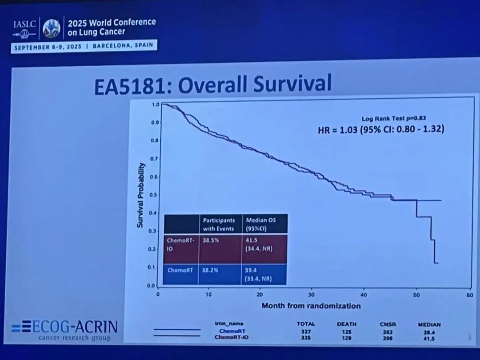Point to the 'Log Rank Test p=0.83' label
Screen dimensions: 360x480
point(389,118)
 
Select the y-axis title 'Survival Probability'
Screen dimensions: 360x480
point(140,195)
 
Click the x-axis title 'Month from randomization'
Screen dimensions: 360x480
point(311,305)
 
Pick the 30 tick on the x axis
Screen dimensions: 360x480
point(312,294)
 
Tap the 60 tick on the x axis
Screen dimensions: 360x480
point(469,294)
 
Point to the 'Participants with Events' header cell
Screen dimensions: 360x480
point(219,224)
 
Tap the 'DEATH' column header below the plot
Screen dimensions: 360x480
point(347,324)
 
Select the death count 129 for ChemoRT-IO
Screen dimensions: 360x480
point(347,338)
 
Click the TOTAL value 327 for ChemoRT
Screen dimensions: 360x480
point(305,332)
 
